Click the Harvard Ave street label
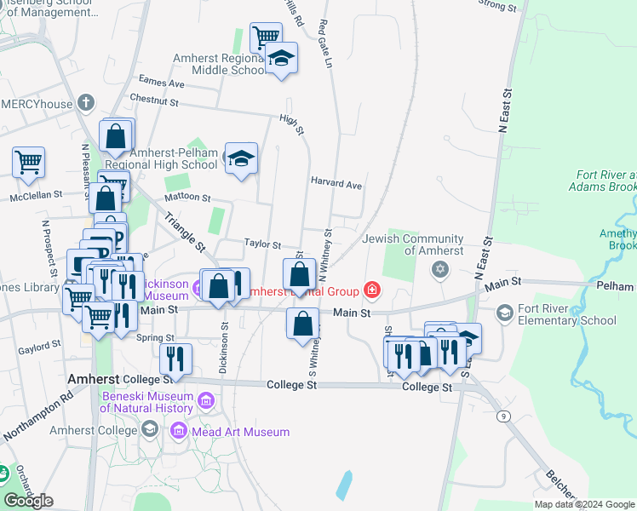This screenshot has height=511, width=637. pyautogui.click(x=336, y=184)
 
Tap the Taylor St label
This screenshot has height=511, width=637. pyautogui.click(x=263, y=244)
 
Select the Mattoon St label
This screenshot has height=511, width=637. pyautogui.click(x=187, y=197)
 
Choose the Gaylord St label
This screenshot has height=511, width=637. pyautogui.click(x=39, y=346)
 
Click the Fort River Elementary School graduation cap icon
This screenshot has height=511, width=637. pyautogui.click(x=505, y=313)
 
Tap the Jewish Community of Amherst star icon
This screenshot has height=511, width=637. pyautogui.click(x=439, y=270)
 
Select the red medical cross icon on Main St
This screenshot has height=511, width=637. pyautogui.click(x=371, y=291)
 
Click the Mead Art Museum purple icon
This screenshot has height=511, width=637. pyautogui.click(x=179, y=432)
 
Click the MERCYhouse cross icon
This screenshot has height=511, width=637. pyautogui.click(x=85, y=103)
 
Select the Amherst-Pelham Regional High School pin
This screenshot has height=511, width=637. pyautogui.click(x=241, y=159)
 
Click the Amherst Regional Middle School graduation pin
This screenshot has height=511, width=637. pyautogui.click(x=281, y=59)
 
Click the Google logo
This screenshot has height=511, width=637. pyautogui.click(x=28, y=501)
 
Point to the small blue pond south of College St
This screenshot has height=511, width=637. pyautogui.click(x=344, y=485)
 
